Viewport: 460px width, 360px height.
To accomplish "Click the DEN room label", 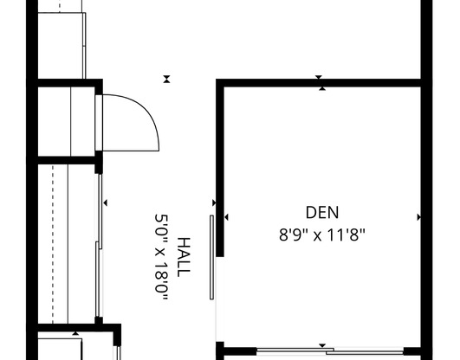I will click(x=322, y=212).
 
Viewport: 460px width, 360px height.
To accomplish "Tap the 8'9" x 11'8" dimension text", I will click(x=322, y=233).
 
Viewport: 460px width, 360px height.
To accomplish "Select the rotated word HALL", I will click(x=184, y=257).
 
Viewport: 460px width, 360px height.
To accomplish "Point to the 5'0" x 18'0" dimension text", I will click(x=162, y=257).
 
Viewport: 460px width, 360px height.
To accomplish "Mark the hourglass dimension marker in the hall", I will click(x=166, y=79).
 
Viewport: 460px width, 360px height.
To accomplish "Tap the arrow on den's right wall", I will click(x=419, y=217).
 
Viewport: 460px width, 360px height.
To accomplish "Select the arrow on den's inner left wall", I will click(x=225, y=217).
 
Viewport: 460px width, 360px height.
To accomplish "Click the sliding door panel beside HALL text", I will click(x=211, y=256).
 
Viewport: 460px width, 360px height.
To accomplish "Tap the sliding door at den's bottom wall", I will click(x=329, y=351).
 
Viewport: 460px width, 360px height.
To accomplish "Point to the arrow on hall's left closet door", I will click(x=105, y=202).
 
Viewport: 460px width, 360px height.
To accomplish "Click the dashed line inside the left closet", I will click(x=52, y=242).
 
